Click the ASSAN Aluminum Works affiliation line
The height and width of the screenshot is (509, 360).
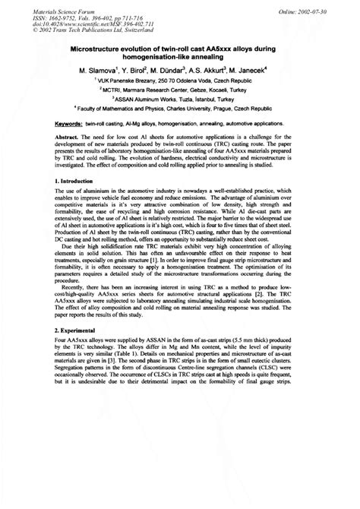[180, 99]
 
